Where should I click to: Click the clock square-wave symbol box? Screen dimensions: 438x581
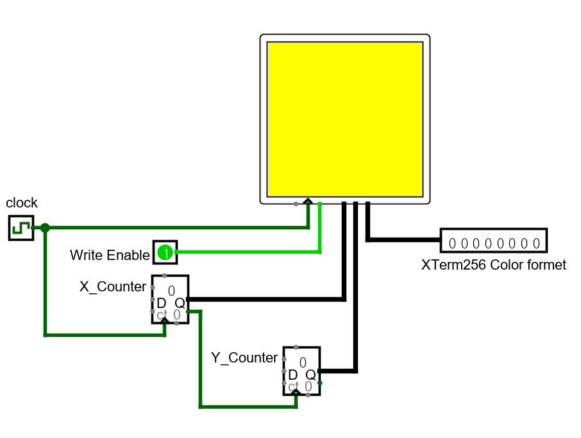coord(21,227)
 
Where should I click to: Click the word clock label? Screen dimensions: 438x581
coord(22,203)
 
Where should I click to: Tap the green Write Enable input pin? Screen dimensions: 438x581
coord(165,252)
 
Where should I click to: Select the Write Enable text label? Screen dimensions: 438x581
coord(109,255)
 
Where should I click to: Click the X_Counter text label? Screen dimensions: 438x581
coord(113,287)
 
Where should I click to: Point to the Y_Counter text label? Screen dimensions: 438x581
coord(244,358)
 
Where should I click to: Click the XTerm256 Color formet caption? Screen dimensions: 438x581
coord(493,264)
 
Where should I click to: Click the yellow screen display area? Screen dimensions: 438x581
coord(345,119)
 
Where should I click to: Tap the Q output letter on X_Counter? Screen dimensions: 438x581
coord(180,303)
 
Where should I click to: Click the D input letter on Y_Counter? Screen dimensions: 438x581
coord(292,375)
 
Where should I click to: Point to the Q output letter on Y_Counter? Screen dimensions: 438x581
coord(310,375)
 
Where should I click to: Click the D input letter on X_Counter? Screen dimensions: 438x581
coord(161,303)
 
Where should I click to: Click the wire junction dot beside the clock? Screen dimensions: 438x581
coord(45,227)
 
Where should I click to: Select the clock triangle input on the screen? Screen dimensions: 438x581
coord(308,201)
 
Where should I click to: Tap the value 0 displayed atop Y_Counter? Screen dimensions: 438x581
coord(303,362)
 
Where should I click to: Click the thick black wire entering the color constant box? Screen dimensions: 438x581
coord(404,240)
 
